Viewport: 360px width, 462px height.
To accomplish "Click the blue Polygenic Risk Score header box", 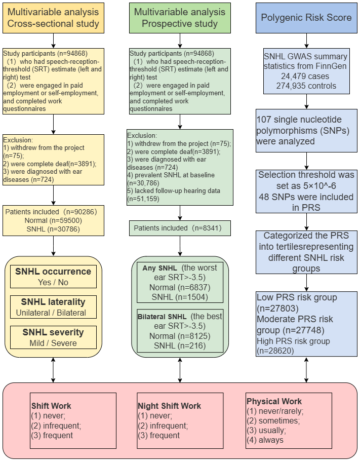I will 306,18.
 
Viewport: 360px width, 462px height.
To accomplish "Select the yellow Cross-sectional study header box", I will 53,18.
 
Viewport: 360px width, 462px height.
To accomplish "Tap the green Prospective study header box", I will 179,18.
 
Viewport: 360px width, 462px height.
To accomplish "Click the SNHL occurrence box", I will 53,277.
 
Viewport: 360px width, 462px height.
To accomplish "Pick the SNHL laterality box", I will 53,307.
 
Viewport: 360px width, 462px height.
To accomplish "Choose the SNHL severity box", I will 53,337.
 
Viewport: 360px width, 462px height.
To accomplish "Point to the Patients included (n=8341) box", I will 179,228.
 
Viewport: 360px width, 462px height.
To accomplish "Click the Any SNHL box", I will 179,281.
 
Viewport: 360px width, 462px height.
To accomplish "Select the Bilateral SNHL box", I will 179,331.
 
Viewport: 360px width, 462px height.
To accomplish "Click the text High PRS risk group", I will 293,341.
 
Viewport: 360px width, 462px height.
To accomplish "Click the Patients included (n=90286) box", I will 53,221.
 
